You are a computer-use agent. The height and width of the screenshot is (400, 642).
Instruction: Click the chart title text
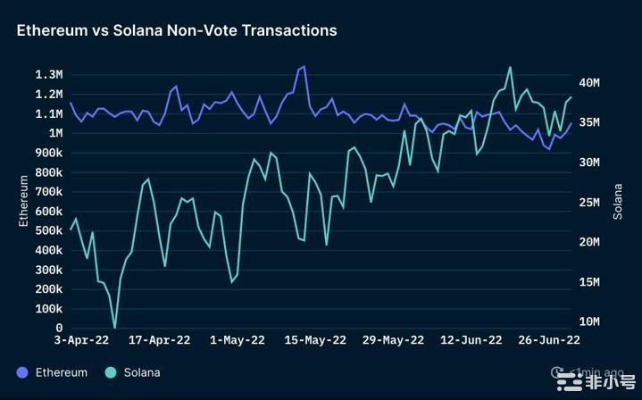177,30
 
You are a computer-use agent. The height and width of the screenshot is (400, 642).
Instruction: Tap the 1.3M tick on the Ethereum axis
48,74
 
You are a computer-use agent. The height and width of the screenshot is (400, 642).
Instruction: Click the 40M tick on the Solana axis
588,82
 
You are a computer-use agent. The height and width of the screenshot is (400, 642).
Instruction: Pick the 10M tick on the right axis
588,321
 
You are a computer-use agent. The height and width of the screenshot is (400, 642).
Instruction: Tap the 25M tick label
588,202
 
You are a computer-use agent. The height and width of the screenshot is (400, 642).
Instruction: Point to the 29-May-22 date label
393,340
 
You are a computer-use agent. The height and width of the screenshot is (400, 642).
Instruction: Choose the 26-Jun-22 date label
549,340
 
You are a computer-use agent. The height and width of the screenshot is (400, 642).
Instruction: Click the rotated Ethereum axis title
24,201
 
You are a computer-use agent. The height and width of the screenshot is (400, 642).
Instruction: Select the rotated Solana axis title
618,201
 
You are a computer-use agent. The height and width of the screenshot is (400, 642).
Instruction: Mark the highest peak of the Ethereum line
304,66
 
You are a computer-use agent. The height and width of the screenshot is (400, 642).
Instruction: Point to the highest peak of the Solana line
510,67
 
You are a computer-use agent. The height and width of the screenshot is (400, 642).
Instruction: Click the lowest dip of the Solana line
114,328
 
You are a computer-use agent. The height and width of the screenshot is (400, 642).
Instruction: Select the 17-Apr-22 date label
160,340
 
